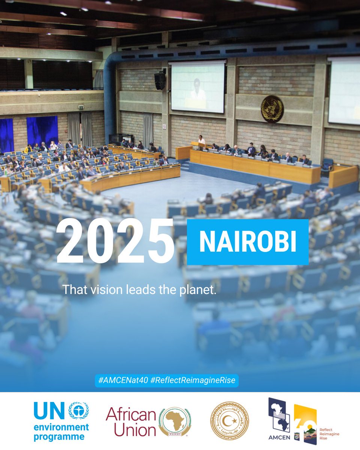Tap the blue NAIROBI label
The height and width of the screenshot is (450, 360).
tap(247, 242)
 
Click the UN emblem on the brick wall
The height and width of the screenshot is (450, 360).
tap(272, 109)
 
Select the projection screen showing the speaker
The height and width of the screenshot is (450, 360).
tap(198, 87)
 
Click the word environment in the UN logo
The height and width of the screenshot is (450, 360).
tap(61, 427)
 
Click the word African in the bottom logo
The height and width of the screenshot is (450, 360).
tap(131, 415)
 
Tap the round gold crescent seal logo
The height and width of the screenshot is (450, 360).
tap(229, 421)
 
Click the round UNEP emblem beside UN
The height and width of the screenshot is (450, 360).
tap(78, 410)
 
